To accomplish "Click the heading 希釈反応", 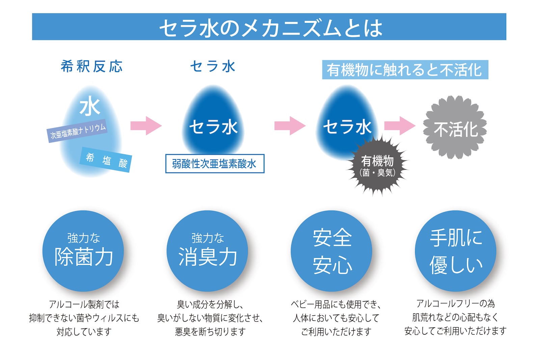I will tap(91, 66).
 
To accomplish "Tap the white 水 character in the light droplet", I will tap(90, 107).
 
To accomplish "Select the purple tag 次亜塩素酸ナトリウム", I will tap(77, 131).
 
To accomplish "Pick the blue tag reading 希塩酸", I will tap(106, 160).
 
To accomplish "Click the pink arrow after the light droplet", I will tap(146, 126).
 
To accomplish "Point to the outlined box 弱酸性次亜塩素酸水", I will tap(215, 164).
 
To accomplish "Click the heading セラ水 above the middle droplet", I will tap(213, 66).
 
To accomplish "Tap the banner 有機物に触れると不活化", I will tap(405, 70).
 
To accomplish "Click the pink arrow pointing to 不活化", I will tap(400, 126).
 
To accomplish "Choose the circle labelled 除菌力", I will tap(83, 251).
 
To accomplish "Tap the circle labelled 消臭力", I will tap(207, 251).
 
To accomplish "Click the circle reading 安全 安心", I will tap(331, 251).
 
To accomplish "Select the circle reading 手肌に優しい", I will tap(456, 251).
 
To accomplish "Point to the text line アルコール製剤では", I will tap(84, 304).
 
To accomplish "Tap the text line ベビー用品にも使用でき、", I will tap(336, 304).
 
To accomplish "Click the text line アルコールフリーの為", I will tap(455, 304).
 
